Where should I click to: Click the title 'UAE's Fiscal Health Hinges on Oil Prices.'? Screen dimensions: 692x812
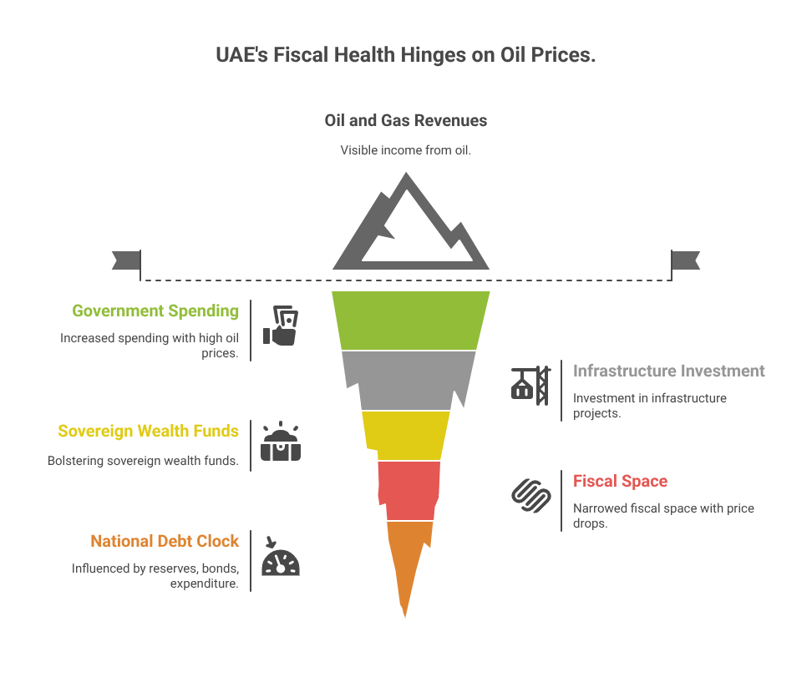406,56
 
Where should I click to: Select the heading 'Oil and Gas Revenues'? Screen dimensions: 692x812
406,121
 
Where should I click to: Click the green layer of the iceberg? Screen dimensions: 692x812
409,320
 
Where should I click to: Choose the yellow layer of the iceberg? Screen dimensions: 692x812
407,435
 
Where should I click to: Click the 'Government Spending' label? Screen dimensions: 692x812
155,311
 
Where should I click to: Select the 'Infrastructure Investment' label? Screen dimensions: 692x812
668,371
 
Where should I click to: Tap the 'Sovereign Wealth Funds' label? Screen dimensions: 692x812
148,432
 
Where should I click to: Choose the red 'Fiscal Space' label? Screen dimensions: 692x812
620,481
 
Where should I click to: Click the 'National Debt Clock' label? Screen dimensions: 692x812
165,542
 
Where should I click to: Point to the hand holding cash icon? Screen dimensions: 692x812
281,326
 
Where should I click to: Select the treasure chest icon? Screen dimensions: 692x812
281,442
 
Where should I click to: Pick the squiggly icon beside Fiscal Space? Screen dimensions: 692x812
531,495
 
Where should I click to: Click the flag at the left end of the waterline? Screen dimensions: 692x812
125,260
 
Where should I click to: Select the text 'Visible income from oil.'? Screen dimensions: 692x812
406,150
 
